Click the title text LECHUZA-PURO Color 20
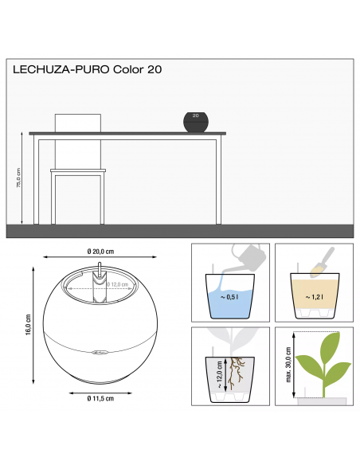pos(88,69)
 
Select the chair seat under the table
pos(76,170)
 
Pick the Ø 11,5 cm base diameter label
pos(100,397)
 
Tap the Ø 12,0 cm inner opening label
pos(118,284)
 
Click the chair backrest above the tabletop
pos(78,123)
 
